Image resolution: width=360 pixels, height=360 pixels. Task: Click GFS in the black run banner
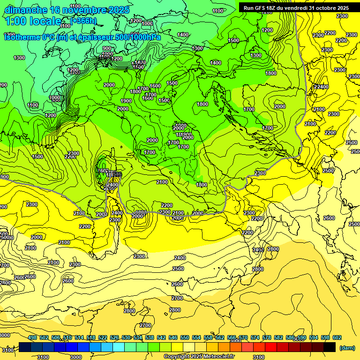coord(261,7)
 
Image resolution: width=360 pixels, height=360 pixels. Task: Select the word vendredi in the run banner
coord(297,7)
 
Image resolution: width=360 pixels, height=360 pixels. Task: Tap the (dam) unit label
coord(347,348)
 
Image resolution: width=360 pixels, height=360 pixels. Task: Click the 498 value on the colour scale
coord(32,337)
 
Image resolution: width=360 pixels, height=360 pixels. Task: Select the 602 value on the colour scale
coord(337,337)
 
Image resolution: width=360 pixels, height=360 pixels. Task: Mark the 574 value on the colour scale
coord(255,337)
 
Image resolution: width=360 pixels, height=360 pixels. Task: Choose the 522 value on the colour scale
coord(103,337)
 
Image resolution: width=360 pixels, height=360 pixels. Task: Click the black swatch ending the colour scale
coord(330,347)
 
